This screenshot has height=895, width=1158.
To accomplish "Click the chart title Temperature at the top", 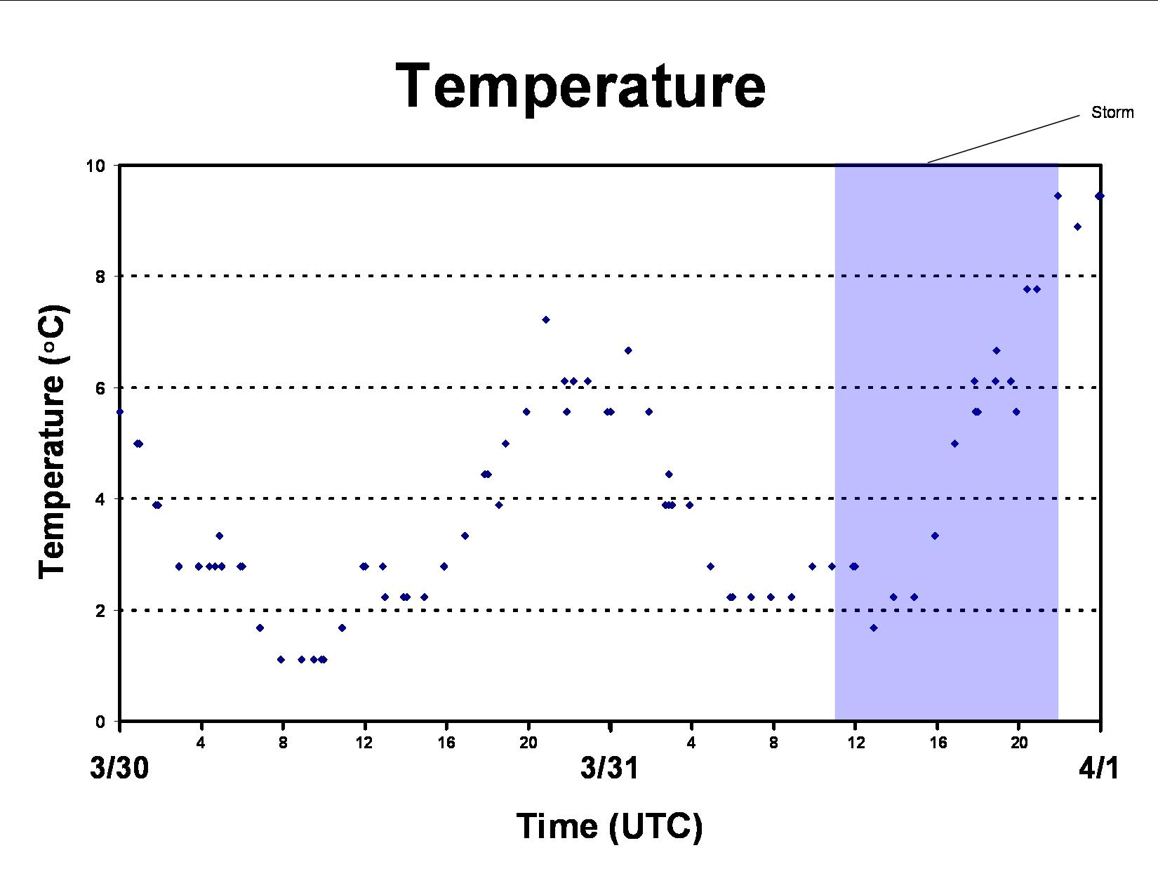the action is click(580, 86).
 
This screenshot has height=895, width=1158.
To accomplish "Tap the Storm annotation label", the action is click(1112, 112).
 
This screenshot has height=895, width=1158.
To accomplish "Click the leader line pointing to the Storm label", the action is click(1004, 138).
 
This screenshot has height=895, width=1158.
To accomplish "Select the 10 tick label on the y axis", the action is click(96, 166).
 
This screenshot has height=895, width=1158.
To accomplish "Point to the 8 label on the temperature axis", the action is click(100, 277).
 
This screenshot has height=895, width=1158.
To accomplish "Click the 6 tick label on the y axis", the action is click(100, 388).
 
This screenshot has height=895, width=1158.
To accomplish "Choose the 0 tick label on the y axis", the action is click(100, 722).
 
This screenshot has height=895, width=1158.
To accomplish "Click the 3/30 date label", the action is click(119, 768).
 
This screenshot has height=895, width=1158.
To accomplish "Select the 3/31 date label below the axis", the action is click(610, 768).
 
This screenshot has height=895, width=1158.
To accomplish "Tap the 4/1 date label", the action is click(1099, 768).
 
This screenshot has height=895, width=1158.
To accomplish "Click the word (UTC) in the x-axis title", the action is click(655, 827).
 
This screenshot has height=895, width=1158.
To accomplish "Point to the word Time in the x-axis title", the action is click(557, 826).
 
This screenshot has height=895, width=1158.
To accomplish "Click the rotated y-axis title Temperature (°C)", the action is click(52, 442).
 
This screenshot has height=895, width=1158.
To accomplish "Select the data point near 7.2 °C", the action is click(546, 320).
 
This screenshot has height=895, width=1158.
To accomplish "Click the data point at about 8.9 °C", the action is click(1077, 227).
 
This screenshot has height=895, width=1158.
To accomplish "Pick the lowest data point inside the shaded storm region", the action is click(874, 628).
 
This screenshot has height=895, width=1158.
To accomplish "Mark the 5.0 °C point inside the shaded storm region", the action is click(954, 444).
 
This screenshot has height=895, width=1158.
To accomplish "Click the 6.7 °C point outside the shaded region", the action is click(628, 351).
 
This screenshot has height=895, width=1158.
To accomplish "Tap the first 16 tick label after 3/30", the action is click(446, 743).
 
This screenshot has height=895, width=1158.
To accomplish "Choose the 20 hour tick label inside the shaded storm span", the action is click(1020, 743).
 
